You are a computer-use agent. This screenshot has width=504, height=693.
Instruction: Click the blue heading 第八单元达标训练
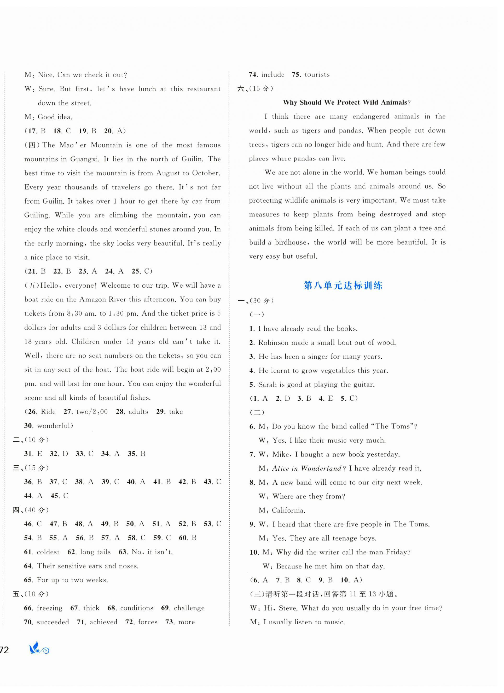coord(343,286)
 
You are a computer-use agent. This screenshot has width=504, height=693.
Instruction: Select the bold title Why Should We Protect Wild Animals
coord(347,102)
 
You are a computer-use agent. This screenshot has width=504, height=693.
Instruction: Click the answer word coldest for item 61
coord(48,552)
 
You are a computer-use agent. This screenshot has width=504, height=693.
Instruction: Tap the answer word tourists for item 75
coord(317,75)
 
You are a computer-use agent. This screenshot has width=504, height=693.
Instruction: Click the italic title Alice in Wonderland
coord(306,468)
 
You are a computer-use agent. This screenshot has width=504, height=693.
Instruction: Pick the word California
coord(288,510)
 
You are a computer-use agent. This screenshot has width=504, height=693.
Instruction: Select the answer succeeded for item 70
coord(53,622)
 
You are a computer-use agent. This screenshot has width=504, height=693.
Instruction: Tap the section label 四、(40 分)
coord(31,510)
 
